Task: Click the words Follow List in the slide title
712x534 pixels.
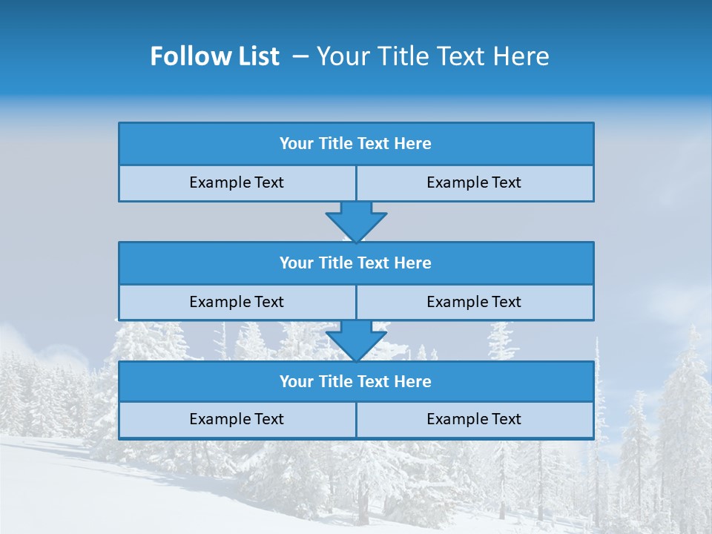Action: pyautogui.click(x=214, y=56)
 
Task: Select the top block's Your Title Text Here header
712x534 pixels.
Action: pyautogui.click(x=355, y=144)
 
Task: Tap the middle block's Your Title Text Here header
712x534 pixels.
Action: pyautogui.click(x=355, y=263)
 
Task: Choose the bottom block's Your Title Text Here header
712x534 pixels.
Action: pyautogui.click(x=355, y=381)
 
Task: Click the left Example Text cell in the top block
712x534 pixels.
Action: pyautogui.click(x=237, y=182)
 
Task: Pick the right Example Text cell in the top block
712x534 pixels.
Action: pyautogui.click(x=474, y=182)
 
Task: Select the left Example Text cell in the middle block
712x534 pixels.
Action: pyautogui.click(x=237, y=302)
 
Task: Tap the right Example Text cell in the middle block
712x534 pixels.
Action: pyautogui.click(x=474, y=302)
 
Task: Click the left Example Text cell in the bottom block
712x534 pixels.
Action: pyautogui.click(x=237, y=419)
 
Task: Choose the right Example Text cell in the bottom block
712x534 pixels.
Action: pyautogui.click(x=474, y=419)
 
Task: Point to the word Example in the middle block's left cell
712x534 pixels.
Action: pyautogui.click(x=220, y=302)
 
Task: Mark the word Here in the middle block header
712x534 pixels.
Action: pyautogui.click(x=413, y=263)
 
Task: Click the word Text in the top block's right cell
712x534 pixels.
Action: pyautogui.click(x=506, y=182)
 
